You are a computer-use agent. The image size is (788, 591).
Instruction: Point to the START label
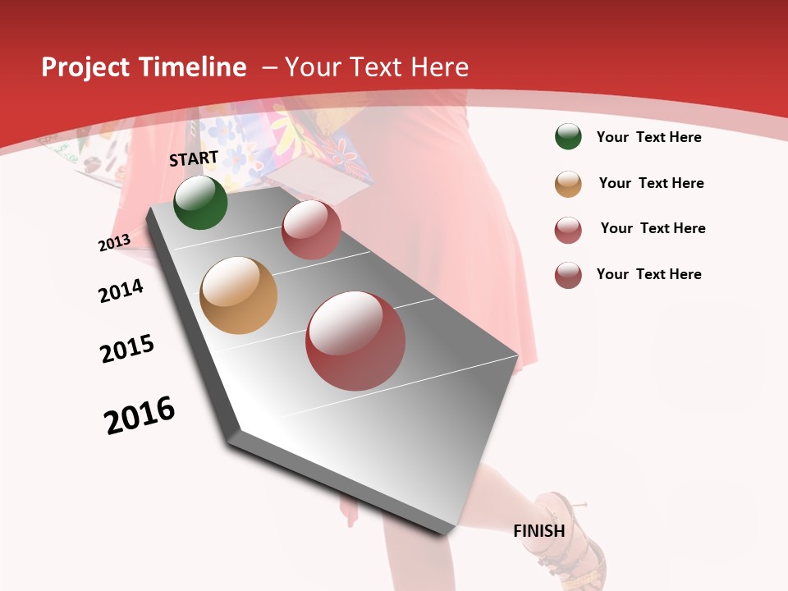(194, 158)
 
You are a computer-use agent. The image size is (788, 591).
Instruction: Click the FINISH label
(539, 531)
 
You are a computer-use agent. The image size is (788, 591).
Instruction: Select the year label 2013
(114, 243)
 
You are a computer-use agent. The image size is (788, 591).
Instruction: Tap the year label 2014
(121, 291)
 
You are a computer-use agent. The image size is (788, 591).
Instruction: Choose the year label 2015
(127, 349)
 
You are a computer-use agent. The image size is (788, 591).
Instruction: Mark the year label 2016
(140, 415)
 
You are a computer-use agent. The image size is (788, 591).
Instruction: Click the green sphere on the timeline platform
(200, 203)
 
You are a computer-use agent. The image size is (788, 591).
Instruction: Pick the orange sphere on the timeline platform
(238, 295)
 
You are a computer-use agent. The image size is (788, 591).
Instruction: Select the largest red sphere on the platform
(355, 341)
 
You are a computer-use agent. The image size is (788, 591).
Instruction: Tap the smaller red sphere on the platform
(311, 230)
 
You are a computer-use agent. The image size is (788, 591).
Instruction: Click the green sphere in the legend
(568, 137)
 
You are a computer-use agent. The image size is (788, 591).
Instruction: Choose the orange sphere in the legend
(568, 184)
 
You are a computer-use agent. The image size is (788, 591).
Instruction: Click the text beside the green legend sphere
(648, 137)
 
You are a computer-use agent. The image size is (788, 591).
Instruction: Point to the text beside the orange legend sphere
(651, 183)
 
